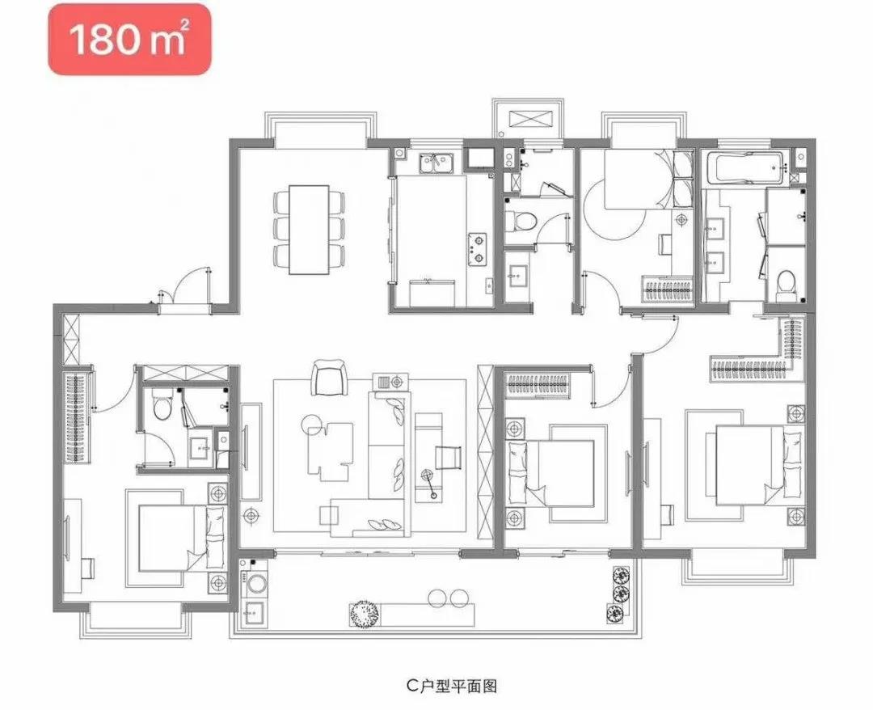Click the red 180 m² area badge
[129, 39]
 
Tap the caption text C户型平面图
[451, 686]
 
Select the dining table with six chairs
[309, 230]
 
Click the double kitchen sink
[437, 163]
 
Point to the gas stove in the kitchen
[477, 248]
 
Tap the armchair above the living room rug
[329, 377]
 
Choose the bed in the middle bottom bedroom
[551, 473]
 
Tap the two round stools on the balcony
[449, 598]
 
